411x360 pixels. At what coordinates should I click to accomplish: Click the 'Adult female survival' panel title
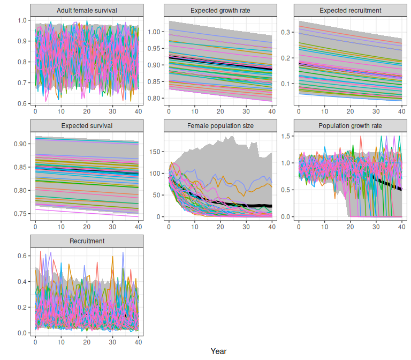[87, 11]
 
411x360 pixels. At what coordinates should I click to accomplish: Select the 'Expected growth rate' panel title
[220, 11]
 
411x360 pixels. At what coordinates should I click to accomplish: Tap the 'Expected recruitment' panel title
[350, 11]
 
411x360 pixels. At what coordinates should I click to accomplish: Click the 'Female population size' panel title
[220, 126]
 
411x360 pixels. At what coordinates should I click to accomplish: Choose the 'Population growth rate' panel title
[350, 126]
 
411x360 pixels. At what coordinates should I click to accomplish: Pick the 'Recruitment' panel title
[87, 241]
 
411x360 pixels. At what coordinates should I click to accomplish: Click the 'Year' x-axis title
[218, 351]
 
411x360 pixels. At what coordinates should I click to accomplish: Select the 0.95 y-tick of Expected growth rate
[154, 49]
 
